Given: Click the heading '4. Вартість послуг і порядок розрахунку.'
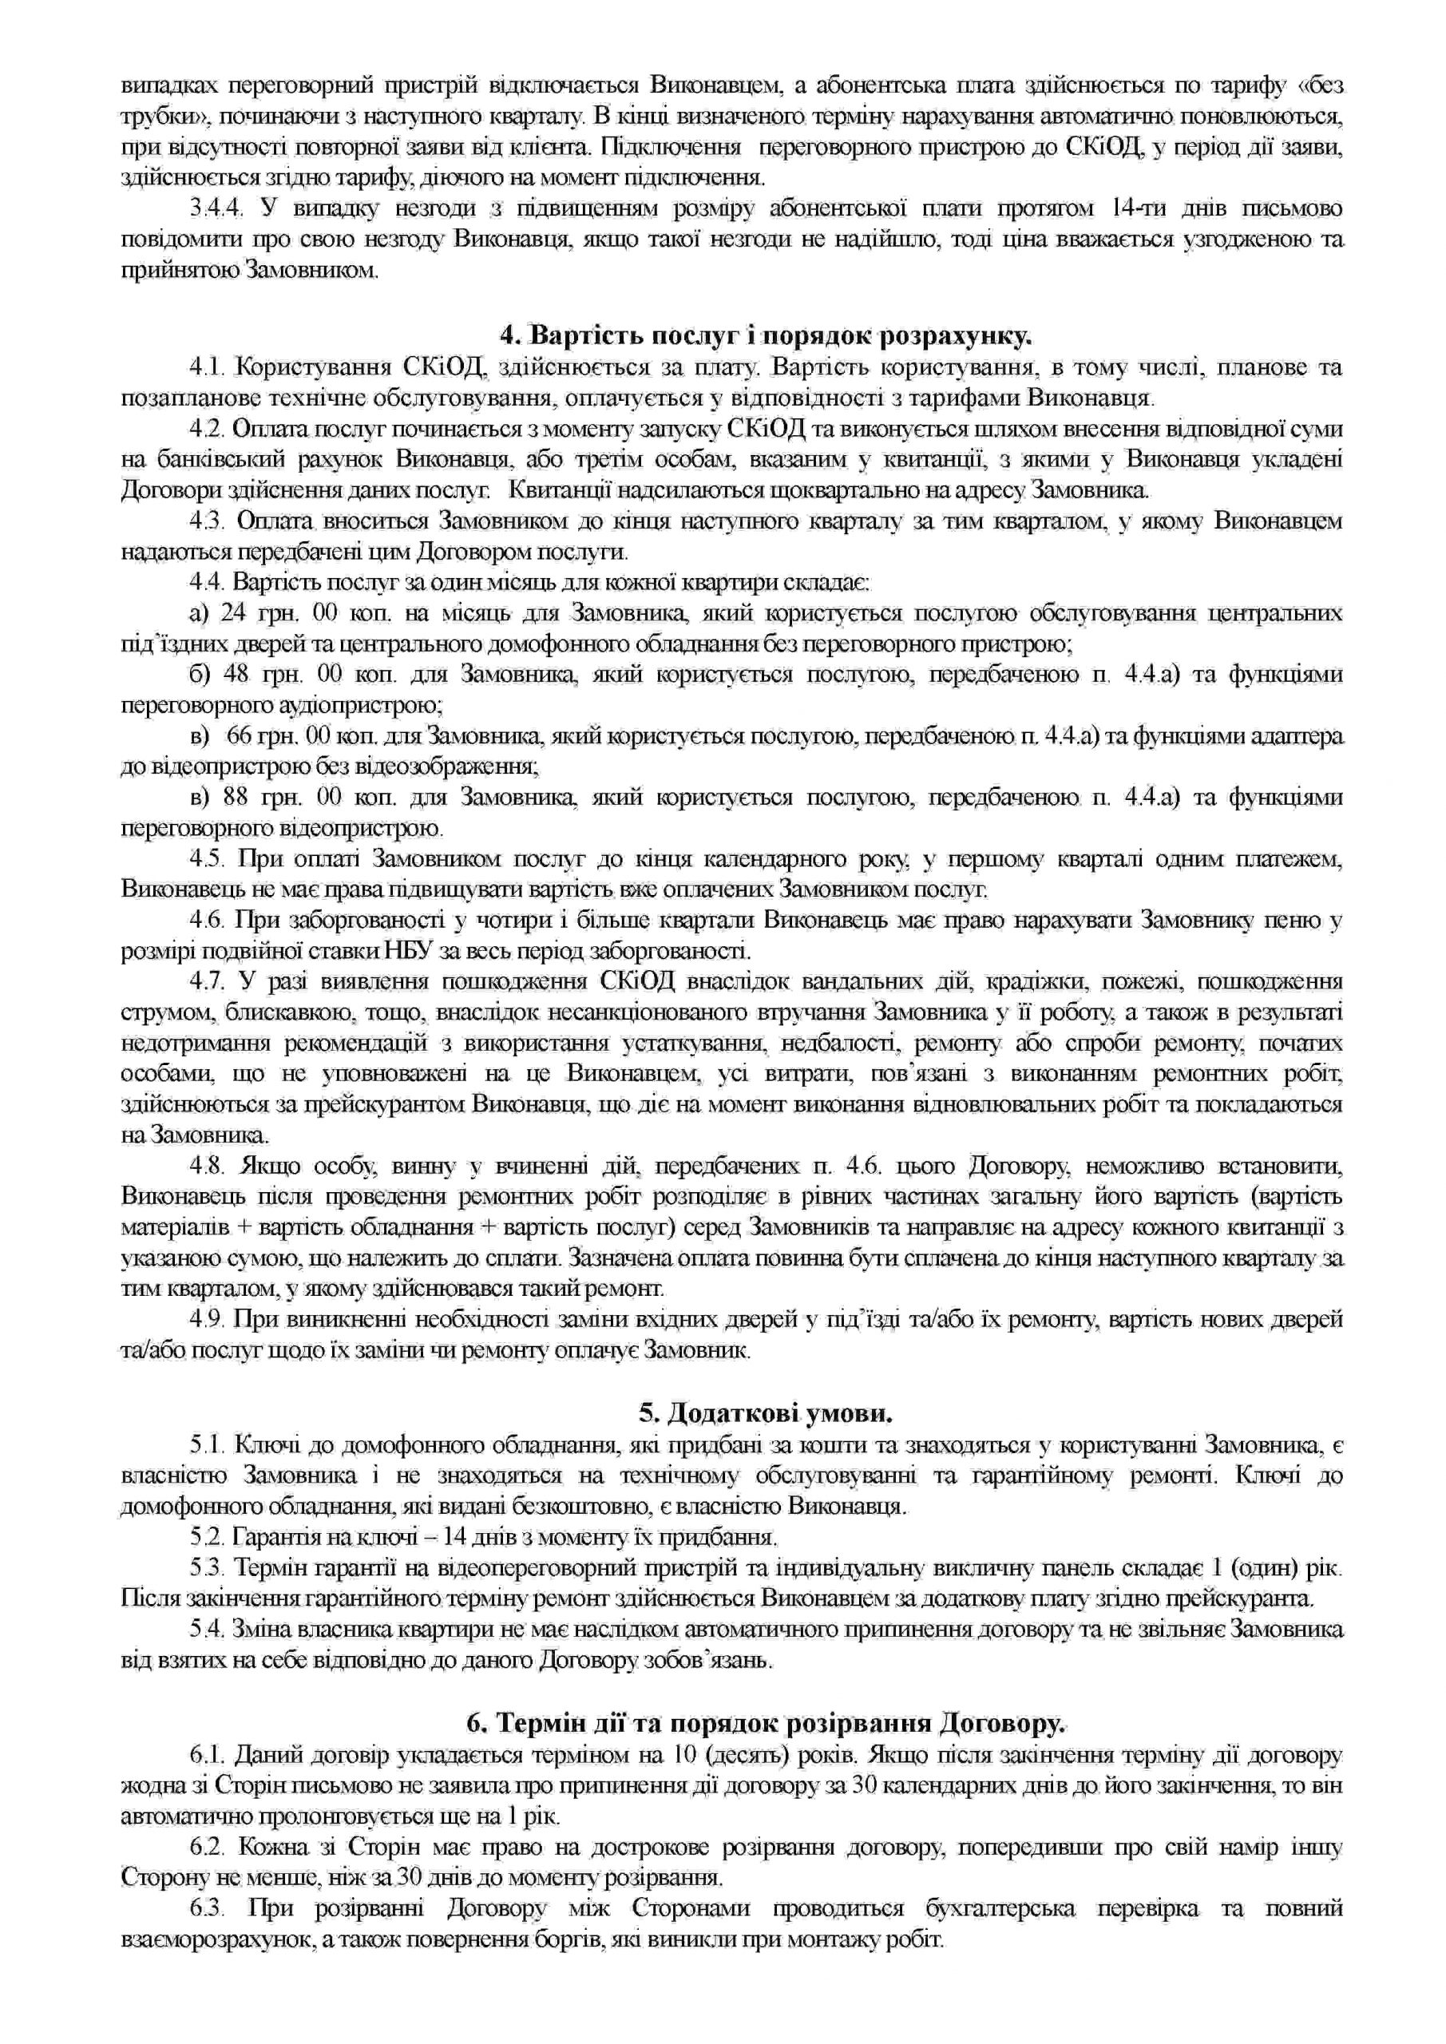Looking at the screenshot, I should click(x=765, y=335).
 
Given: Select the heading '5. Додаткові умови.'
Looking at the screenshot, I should click(x=765, y=1412).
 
